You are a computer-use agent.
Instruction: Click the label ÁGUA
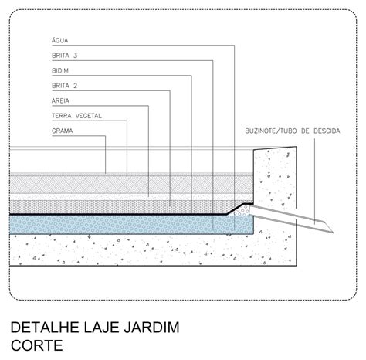(59, 40)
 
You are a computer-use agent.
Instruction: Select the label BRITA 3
(64, 56)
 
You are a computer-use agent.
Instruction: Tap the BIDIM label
(60, 70)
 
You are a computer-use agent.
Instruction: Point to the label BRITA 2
(64, 86)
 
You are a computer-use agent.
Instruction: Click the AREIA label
(60, 100)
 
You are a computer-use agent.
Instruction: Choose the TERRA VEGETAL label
(76, 116)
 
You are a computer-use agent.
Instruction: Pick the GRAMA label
(62, 131)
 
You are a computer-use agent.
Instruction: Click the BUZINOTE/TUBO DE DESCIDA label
(293, 131)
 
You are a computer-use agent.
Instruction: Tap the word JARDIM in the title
(151, 328)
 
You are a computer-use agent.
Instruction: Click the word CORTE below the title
(37, 345)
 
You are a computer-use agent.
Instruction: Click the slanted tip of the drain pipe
(334, 233)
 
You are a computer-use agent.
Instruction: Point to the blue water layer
(129, 225)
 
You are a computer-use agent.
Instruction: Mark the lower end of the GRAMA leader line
(106, 173)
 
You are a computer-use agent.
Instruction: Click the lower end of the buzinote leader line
(314, 224)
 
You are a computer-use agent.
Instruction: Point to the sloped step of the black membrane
(236, 209)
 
